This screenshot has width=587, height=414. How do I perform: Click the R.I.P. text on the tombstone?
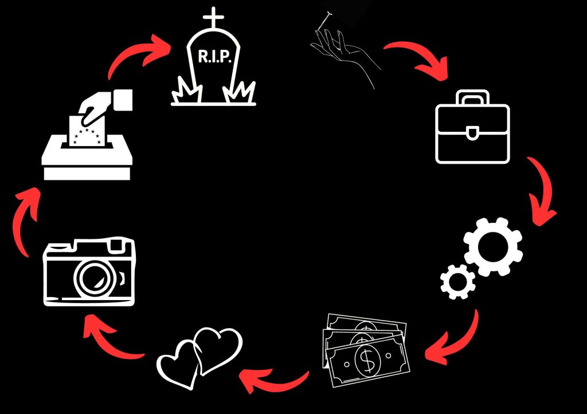(214, 56)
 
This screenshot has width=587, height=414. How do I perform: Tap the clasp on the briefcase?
(472, 133)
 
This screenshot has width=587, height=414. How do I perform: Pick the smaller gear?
(457, 281)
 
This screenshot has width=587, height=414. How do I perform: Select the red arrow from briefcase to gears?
(540, 192)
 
